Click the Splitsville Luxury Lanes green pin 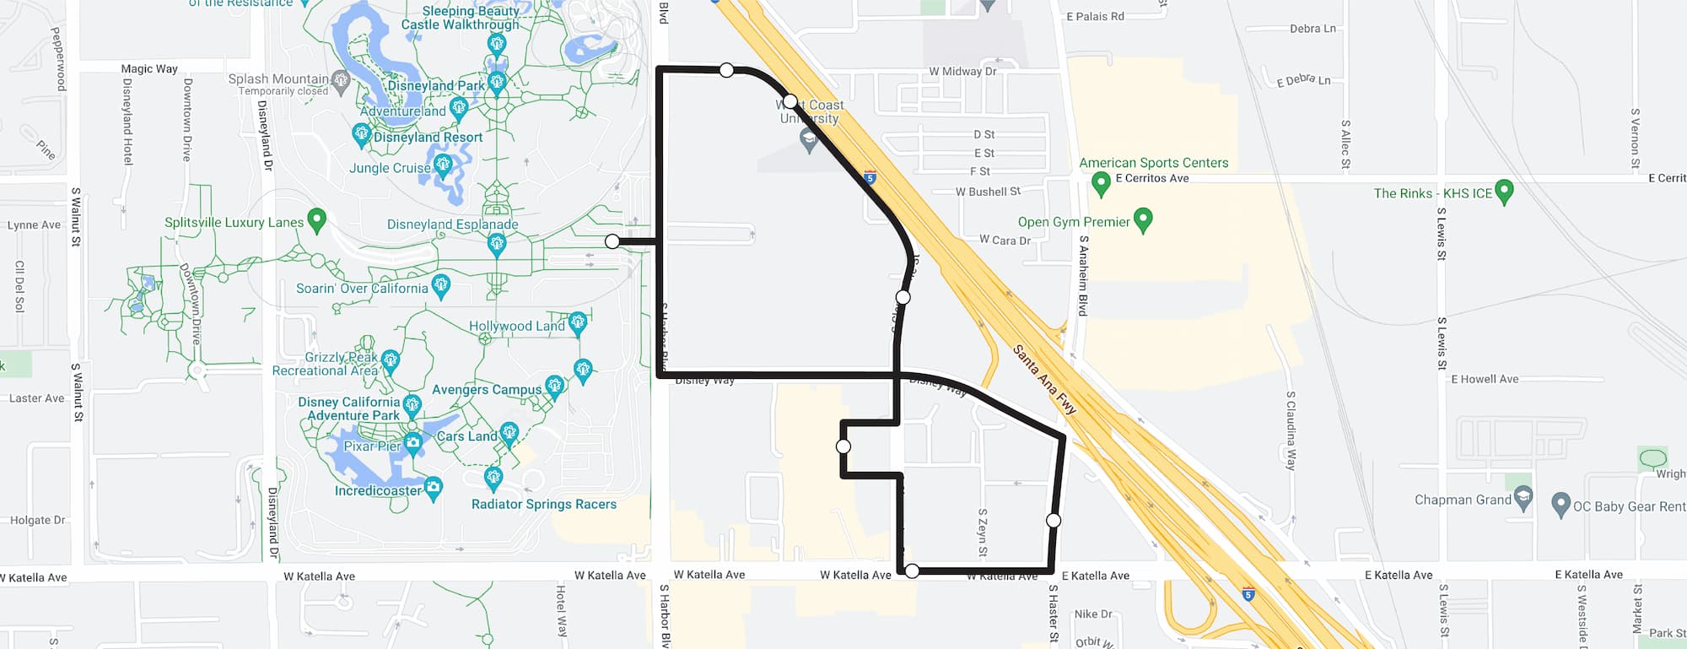pos(316,220)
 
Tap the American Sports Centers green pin pos(1101,183)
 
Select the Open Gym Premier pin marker pos(1143,219)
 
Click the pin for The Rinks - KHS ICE pos(1503,191)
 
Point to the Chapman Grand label pos(1463,500)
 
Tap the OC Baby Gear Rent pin pos(1561,505)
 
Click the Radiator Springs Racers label pos(543,504)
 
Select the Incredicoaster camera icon pos(433,487)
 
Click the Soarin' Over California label pos(362,289)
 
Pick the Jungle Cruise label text pos(390,168)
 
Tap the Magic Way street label pos(149,69)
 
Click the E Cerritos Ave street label pos(1151,178)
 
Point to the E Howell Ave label pos(1485,379)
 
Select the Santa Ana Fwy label pos(1044,379)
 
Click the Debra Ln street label pos(1312,29)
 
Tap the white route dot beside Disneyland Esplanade pos(612,242)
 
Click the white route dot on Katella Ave pos(912,571)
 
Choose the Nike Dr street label pos(1093,614)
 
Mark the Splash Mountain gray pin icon pos(341,81)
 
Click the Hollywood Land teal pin pos(578,322)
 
